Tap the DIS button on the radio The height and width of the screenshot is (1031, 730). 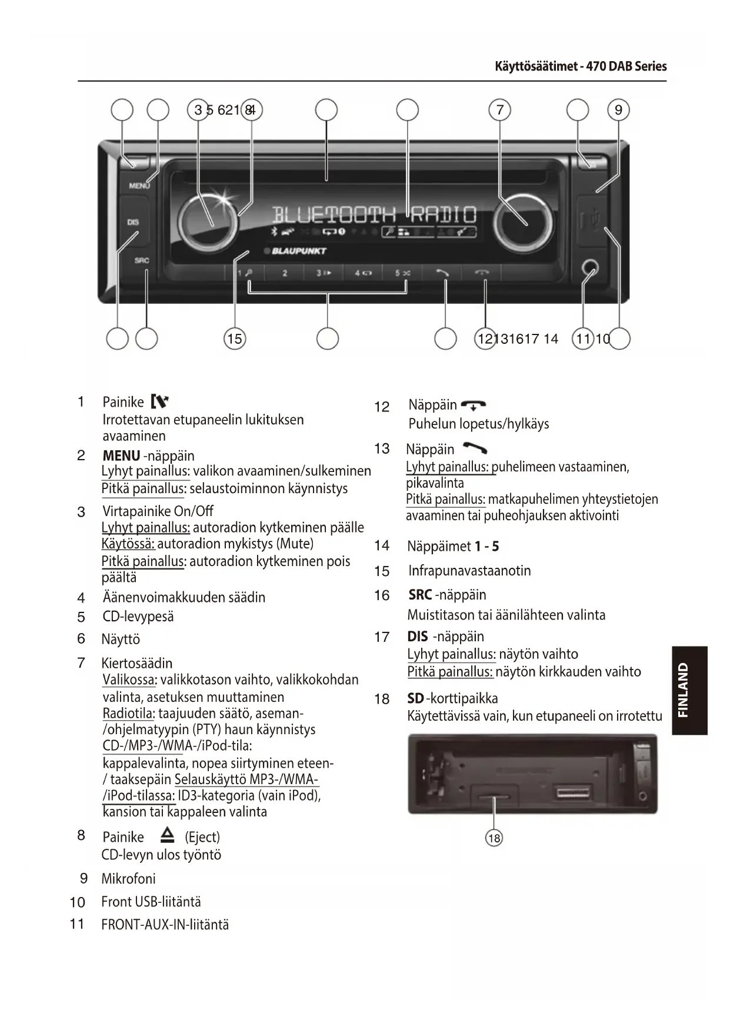133,222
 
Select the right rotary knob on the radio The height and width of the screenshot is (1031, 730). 522,223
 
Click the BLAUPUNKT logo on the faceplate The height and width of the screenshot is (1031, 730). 298,251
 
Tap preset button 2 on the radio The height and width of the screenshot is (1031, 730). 285,273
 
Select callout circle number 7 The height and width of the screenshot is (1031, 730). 500,110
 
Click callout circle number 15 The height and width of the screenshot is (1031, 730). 234,339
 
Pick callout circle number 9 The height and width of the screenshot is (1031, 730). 618,110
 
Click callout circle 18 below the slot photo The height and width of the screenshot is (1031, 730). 494,838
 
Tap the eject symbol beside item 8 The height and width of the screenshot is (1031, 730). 168,835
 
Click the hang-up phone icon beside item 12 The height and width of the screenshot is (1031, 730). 474,406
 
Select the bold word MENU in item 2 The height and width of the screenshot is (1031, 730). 121,456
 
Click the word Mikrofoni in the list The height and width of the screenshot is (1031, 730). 128,879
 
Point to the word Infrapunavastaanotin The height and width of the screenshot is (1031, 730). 469,571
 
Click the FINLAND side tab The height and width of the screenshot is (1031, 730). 689,690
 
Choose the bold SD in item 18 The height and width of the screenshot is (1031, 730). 415,698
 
